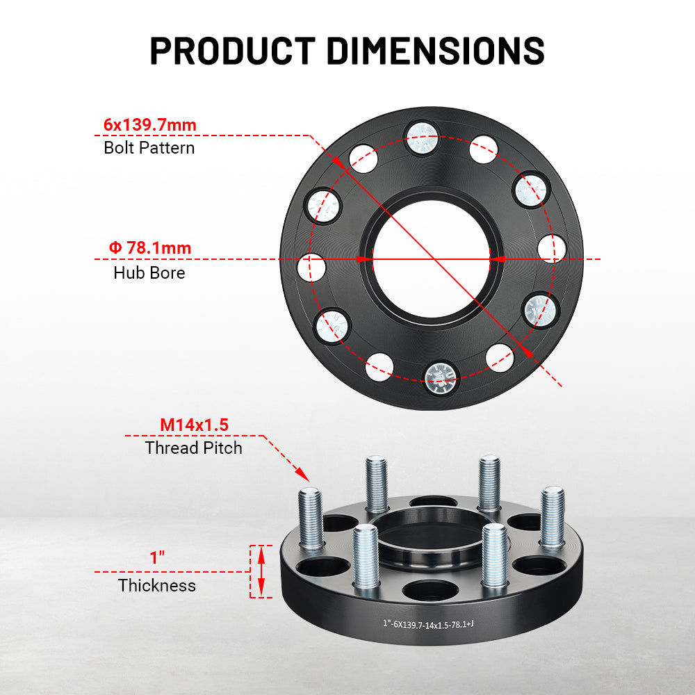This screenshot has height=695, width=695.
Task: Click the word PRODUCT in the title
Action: [233, 50]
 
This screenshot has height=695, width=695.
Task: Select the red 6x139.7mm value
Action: [150, 125]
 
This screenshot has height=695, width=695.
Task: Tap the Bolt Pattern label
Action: [149, 148]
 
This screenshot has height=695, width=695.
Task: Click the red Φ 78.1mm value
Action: [149, 247]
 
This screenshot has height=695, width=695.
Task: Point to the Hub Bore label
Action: [149, 273]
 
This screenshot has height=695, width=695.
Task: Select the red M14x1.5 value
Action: [194, 425]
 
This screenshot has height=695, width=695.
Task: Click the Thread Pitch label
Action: [193, 448]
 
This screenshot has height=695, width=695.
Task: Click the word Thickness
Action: [157, 586]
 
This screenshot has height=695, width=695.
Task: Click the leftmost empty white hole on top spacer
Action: [312, 267]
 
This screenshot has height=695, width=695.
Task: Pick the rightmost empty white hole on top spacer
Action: [553, 249]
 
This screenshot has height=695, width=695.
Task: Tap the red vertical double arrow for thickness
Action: [261, 571]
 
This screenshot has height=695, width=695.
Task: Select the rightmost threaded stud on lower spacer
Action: [553, 514]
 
